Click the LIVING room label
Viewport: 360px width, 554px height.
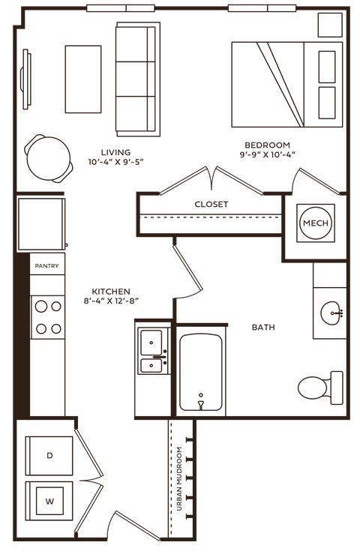(115, 152)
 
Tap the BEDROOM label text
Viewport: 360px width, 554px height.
(268, 145)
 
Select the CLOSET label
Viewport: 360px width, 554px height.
(211, 204)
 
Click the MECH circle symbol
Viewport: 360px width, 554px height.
(316, 223)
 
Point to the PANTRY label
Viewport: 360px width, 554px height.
(47, 265)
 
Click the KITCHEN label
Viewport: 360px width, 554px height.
(111, 291)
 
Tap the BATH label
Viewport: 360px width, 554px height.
(263, 328)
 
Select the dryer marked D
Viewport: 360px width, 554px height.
(49, 455)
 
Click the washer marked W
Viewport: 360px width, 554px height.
(49, 501)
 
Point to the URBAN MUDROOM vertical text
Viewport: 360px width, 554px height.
(180, 479)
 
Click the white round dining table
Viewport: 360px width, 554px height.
(49, 158)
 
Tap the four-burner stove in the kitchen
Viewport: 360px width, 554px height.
(47, 316)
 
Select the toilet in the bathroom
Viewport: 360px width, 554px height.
(317, 385)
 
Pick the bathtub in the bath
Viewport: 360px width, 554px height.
(201, 372)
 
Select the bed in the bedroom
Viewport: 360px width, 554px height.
(286, 83)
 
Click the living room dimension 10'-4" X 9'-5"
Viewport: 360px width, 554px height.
(115, 162)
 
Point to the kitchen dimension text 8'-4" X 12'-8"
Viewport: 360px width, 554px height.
(112, 301)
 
